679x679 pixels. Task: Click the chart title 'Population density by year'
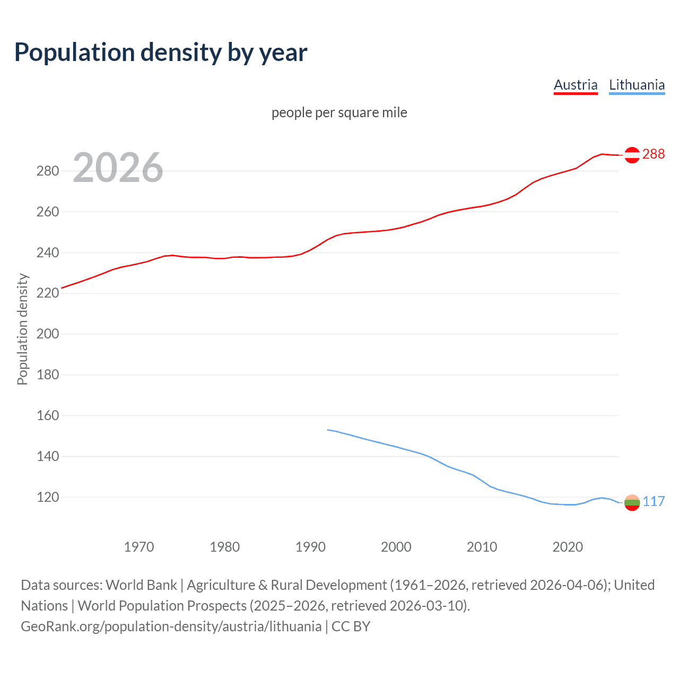click(x=161, y=53)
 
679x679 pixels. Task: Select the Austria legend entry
click(x=576, y=85)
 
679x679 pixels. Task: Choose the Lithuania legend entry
click(x=637, y=85)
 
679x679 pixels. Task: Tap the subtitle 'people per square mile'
click(x=339, y=112)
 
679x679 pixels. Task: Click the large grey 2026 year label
click(x=118, y=168)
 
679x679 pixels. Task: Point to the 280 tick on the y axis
click(x=48, y=171)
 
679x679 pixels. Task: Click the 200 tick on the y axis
click(x=48, y=334)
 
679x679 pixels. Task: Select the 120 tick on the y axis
click(x=48, y=497)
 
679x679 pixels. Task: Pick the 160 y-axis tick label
click(x=48, y=415)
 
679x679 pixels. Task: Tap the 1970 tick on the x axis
click(x=139, y=546)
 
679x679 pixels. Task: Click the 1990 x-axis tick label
click(x=310, y=546)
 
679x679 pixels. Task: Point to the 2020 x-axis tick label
click(x=568, y=546)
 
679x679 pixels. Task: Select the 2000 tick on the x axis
click(x=396, y=546)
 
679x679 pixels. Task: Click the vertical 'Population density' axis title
click(x=22, y=329)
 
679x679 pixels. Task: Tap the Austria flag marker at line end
click(x=632, y=154)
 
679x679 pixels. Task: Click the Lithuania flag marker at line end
click(x=632, y=502)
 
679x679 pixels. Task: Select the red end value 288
click(x=654, y=154)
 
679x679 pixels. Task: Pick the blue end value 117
click(x=654, y=502)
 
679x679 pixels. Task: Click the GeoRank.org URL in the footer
click(x=171, y=626)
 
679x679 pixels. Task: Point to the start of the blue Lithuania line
click(x=328, y=430)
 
